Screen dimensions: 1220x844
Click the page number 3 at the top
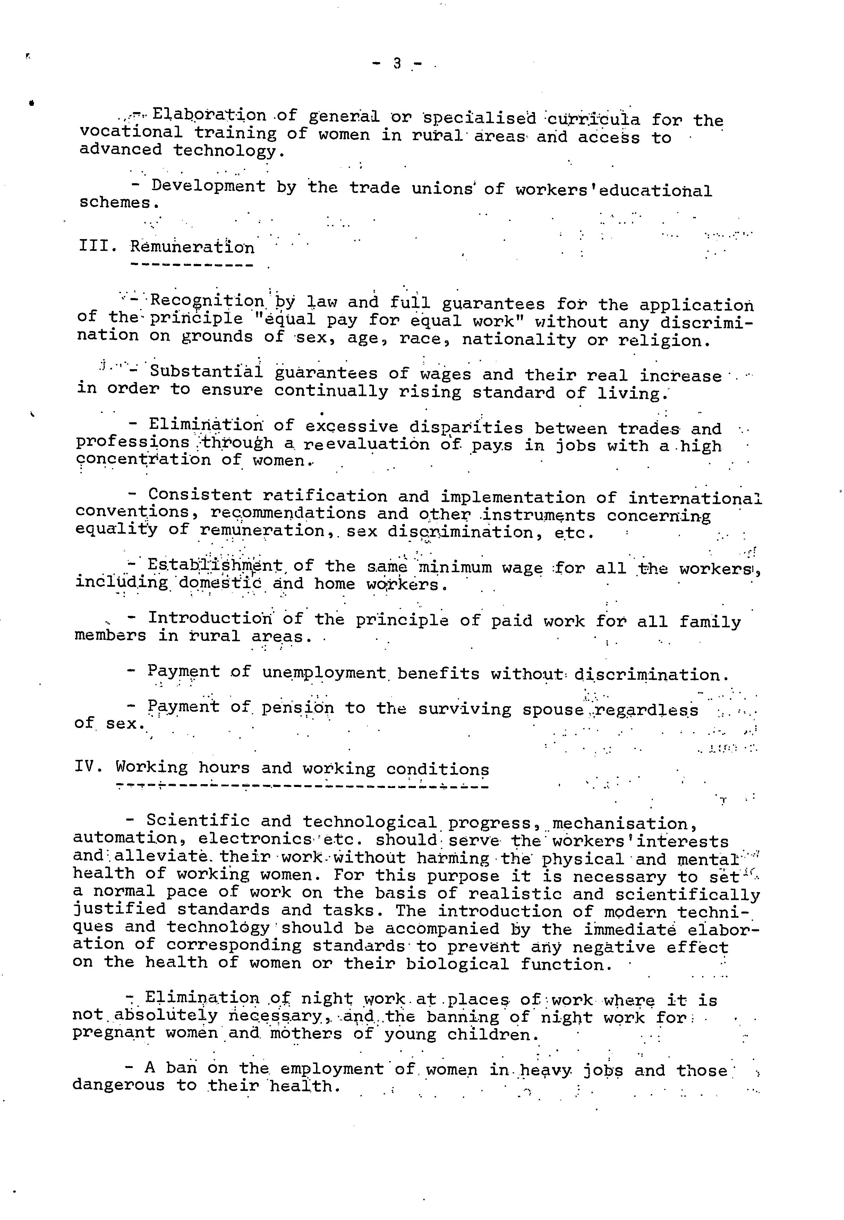(x=397, y=64)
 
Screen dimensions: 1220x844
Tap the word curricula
(x=591, y=119)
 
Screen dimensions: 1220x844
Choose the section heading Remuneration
(x=192, y=247)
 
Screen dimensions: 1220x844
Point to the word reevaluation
(x=366, y=444)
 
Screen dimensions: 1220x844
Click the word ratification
(x=325, y=496)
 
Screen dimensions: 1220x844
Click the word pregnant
(x=114, y=1033)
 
